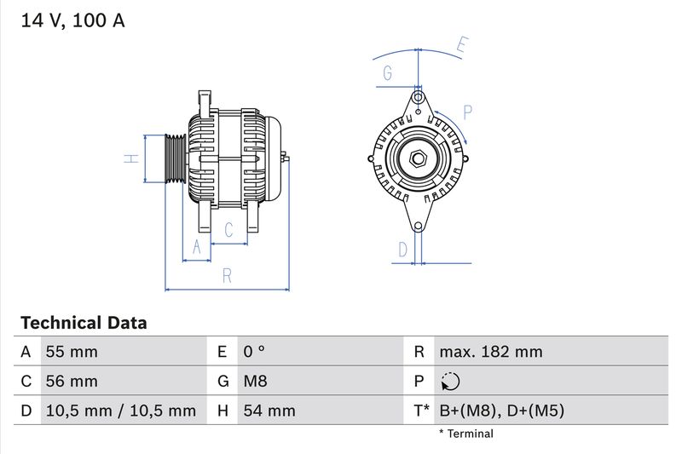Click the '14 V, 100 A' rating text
[x=72, y=21]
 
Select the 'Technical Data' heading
[x=84, y=323]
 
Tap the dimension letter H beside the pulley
[x=130, y=158]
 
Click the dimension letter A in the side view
[x=197, y=247]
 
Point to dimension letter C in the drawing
[x=228, y=229]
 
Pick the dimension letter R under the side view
[x=227, y=275]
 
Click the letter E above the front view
[x=461, y=45]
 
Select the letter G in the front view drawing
[x=388, y=73]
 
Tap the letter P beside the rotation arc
[x=468, y=112]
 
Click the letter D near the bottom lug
[x=403, y=249]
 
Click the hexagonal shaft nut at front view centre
[x=418, y=158]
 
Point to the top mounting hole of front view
[x=418, y=96]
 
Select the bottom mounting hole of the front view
[x=418, y=226]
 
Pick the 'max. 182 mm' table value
[x=490, y=352]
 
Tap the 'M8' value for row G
[x=256, y=382]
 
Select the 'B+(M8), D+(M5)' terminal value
[x=501, y=411]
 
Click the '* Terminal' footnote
[x=465, y=434]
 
